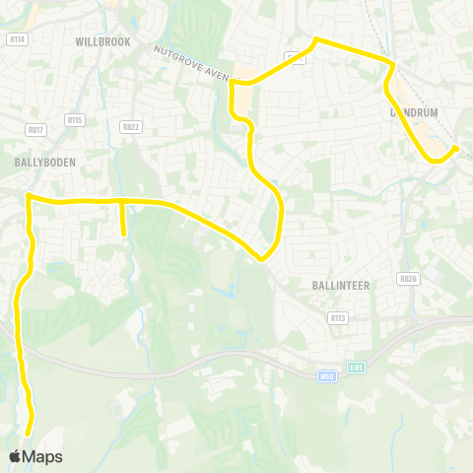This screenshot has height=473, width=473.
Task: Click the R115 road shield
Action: pyautogui.click(x=75, y=119)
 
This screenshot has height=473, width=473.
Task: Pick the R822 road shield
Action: pyautogui.click(x=130, y=126)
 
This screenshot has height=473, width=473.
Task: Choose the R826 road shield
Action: pyautogui.click(x=407, y=279)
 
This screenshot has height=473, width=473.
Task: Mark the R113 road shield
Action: pyautogui.click(x=338, y=317)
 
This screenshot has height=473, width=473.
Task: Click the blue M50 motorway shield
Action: pyautogui.click(x=328, y=375)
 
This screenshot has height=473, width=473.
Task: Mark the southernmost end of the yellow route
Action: pyautogui.click(x=29, y=433)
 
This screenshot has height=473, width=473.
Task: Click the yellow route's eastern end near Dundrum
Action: pyautogui.click(x=456, y=148)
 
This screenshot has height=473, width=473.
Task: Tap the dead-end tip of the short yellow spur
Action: pyautogui.click(x=123, y=234)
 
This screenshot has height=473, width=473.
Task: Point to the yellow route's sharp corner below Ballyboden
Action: pyautogui.click(x=29, y=196)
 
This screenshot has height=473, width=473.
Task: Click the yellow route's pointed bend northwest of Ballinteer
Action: pyautogui.click(x=261, y=259)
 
